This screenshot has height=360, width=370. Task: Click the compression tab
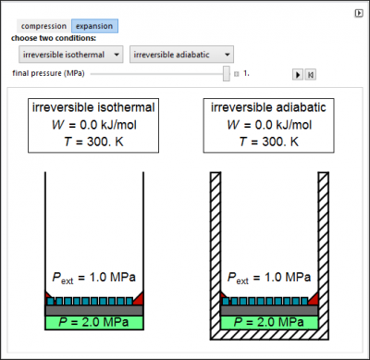[x=43, y=26]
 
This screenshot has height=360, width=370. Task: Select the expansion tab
[x=94, y=26]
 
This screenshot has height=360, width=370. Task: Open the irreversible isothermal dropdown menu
[x=71, y=55]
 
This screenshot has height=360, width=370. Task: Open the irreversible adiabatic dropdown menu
[x=181, y=55]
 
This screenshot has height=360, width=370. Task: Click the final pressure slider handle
[x=227, y=73]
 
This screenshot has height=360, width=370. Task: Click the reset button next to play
[x=311, y=74]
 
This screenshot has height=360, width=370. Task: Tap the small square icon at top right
[x=359, y=13]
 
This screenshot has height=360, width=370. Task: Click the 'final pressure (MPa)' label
[x=48, y=73]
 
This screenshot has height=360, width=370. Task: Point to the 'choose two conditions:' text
[x=54, y=38]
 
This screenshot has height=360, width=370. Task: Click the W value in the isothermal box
[x=93, y=125]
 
